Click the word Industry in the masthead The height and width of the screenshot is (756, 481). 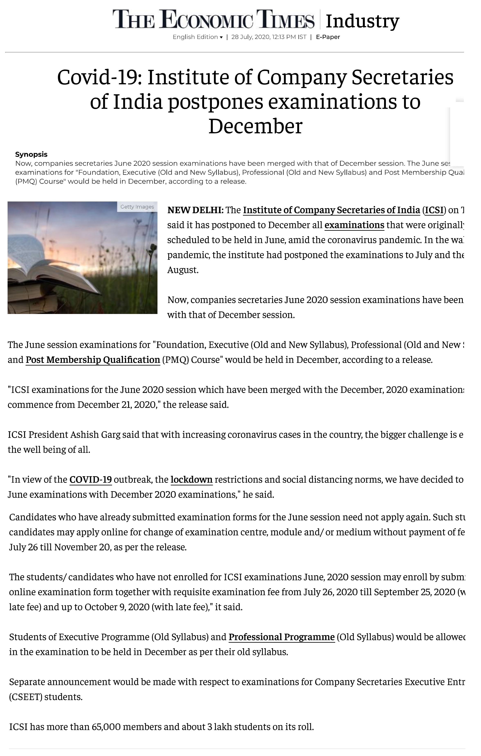pos(362,21)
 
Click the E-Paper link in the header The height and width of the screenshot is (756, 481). pos(328,37)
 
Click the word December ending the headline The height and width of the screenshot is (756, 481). pos(255,126)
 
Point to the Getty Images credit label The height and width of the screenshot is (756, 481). pos(137,207)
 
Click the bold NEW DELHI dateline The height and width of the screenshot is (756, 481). pos(195,210)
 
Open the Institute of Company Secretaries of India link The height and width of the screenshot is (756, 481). pos(331,210)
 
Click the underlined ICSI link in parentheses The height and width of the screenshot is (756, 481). pos(434,210)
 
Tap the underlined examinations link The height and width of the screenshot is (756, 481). pos(354,225)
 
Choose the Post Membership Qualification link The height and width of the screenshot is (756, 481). pos(93,360)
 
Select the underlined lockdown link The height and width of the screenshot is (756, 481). pos(192,479)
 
